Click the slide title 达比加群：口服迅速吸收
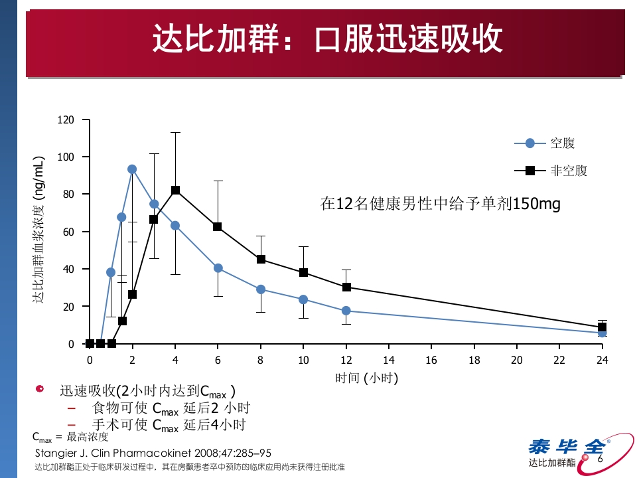click(x=326, y=39)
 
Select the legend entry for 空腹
click(x=544, y=143)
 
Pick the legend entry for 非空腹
click(x=551, y=171)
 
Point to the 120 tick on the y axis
click(x=65, y=119)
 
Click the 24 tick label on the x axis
click(x=602, y=360)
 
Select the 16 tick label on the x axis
click(x=431, y=360)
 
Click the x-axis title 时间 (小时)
click(x=366, y=378)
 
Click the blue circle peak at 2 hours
click(x=132, y=169)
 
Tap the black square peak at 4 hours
click(x=176, y=190)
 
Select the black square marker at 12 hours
click(x=346, y=287)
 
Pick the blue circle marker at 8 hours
click(x=261, y=289)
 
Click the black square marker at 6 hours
click(x=218, y=227)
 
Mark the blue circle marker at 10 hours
click(x=303, y=299)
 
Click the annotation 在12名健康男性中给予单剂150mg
click(x=440, y=204)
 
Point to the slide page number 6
click(x=601, y=459)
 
